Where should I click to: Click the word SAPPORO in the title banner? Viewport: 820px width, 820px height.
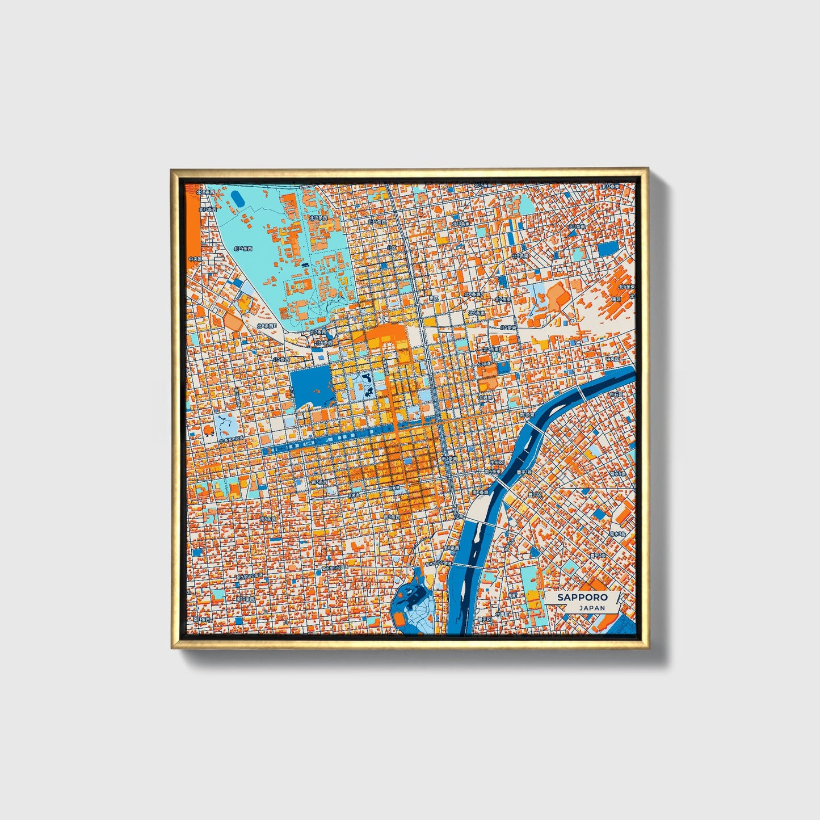click(x=582, y=597)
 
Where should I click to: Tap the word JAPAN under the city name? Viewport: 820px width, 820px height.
click(x=592, y=608)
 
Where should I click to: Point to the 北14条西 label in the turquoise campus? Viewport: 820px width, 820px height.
click(x=242, y=248)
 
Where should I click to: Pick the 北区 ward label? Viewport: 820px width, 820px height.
click(x=392, y=248)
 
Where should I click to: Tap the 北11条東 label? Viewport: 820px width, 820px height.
click(x=577, y=227)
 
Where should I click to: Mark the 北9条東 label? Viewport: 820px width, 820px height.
click(x=520, y=256)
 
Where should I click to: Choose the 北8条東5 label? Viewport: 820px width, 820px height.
click(x=474, y=295)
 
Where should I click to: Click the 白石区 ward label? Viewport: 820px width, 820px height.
click(x=616, y=393)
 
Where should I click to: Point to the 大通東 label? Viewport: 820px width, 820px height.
click(x=485, y=398)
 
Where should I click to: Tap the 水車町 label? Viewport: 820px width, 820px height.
click(x=502, y=614)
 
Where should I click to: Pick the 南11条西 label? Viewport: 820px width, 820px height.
click(x=201, y=620)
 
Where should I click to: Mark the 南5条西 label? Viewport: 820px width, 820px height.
click(x=267, y=519)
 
